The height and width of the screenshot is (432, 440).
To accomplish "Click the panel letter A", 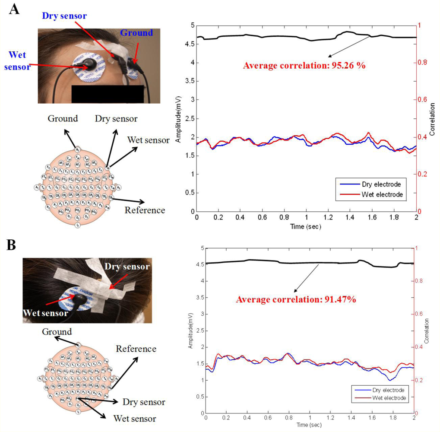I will tap(14, 10).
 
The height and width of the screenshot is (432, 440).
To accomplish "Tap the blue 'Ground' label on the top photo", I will tap(136, 33).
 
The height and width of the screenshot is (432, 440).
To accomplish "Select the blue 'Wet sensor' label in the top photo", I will tap(18, 61).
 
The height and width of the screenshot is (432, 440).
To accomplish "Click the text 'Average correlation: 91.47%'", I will tap(296, 299).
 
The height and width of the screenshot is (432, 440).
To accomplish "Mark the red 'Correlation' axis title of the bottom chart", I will tap(426, 331).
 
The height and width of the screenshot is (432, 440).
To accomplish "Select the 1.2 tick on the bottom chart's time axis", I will tap(330, 419).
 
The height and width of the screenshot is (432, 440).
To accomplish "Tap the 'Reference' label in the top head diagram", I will tap(145, 210).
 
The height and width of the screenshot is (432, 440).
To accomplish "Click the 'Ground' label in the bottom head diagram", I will tap(57, 332).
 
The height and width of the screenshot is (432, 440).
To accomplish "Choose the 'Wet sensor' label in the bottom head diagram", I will tap(135, 418).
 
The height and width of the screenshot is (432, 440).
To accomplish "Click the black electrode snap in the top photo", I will tap(91, 64).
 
